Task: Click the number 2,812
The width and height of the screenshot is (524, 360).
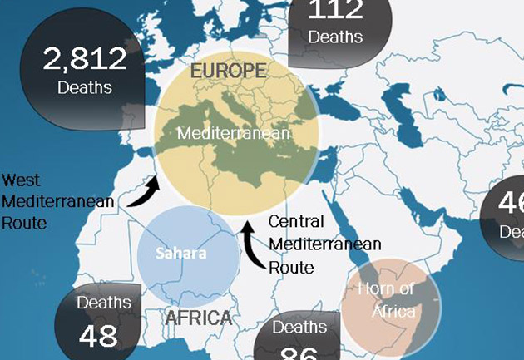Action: click(85, 59)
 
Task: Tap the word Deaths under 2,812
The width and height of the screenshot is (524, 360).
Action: click(85, 86)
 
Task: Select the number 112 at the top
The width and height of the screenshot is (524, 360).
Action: click(335, 10)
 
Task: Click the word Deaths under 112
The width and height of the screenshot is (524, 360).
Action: click(335, 37)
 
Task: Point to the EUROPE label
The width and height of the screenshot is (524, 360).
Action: click(228, 71)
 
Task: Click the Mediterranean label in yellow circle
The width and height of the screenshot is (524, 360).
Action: click(234, 132)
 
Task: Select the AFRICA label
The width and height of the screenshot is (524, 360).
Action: click(198, 318)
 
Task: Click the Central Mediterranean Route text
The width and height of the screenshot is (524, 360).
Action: click(324, 244)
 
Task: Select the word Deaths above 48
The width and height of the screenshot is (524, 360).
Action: click(104, 303)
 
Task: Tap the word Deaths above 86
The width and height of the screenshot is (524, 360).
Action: click(300, 328)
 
